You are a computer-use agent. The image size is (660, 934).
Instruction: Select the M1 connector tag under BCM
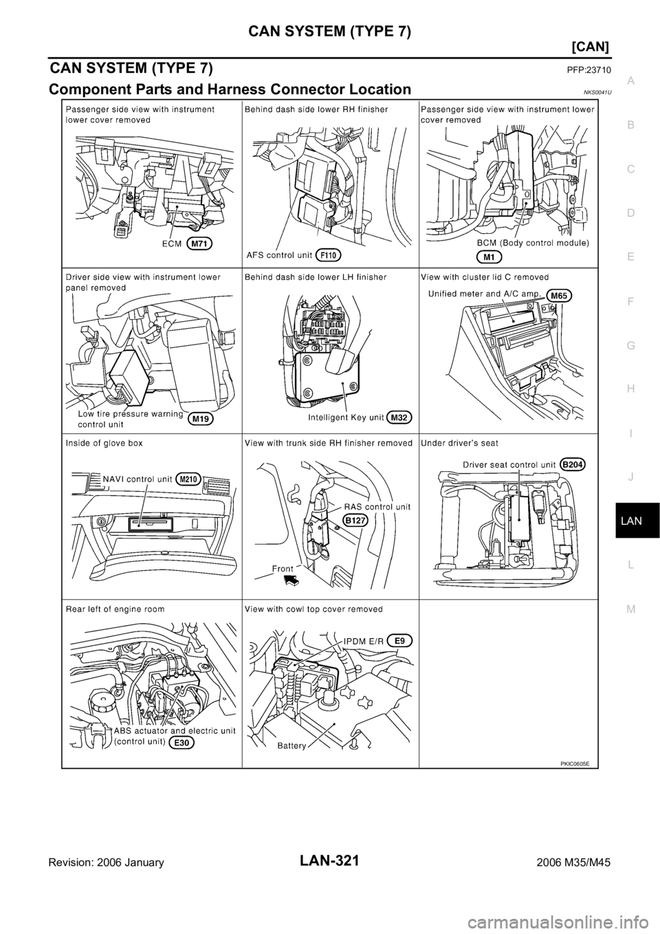point(490,257)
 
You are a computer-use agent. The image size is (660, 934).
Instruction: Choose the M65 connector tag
point(561,296)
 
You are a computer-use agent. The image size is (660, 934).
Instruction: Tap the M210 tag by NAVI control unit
point(189,479)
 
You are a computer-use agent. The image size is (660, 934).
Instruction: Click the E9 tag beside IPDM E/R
point(401,640)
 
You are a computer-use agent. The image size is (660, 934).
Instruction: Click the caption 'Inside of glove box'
point(105,444)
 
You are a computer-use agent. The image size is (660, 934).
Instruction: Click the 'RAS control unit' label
point(376,506)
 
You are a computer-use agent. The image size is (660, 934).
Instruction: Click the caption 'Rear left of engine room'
point(115,609)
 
